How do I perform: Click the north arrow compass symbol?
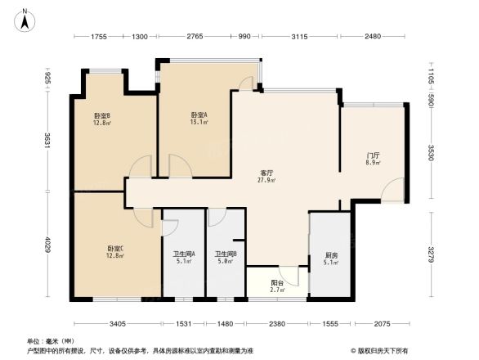click(25, 18)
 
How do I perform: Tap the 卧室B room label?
click(102, 120)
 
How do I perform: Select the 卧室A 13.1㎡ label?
click(199, 119)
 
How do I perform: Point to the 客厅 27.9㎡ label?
click(266, 176)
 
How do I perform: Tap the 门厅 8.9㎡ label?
click(372, 158)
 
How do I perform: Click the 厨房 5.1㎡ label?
click(329, 258)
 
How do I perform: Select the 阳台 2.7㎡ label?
click(276, 286)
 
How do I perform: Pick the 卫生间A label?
click(183, 258)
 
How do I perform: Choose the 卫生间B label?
click(226, 258)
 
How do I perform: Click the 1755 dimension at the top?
click(99, 37)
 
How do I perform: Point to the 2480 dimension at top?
click(373, 37)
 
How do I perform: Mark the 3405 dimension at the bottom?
click(117, 324)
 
